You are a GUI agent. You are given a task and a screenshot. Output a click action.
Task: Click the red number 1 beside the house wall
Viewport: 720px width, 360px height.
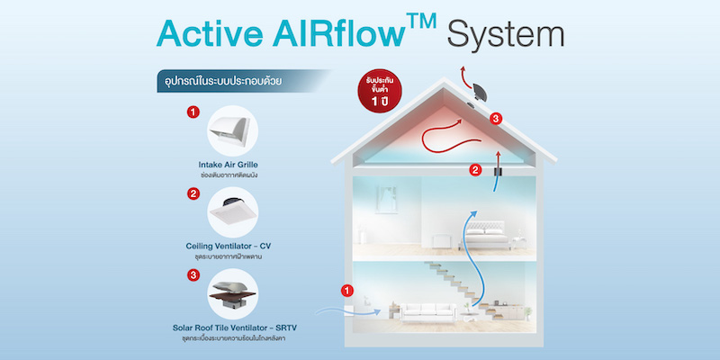tap(349, 291)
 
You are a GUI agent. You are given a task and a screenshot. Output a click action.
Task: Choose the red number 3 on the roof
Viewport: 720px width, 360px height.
tap(496, 118)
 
